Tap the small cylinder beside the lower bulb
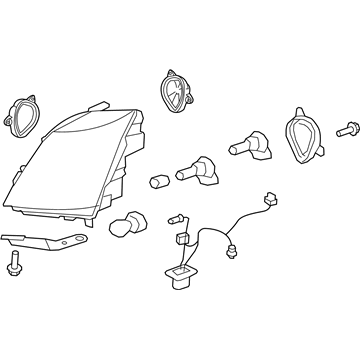158,181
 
